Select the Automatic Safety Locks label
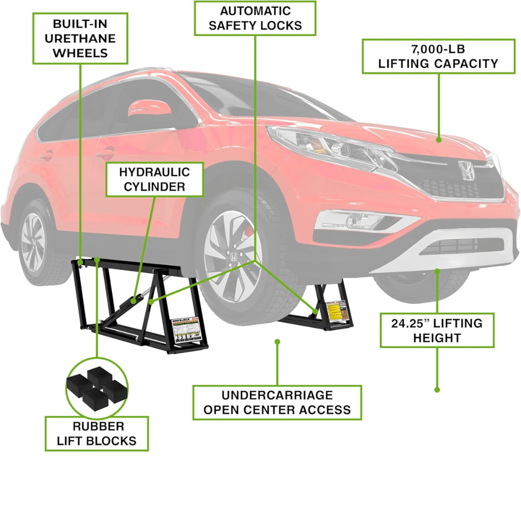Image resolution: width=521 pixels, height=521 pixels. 255,18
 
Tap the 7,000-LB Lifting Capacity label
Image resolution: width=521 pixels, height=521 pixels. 438,56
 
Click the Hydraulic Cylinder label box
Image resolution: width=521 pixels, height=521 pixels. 155,179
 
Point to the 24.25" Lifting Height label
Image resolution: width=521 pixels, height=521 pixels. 437,330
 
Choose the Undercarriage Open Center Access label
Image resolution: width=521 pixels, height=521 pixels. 277,402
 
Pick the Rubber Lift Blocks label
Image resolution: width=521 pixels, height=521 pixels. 97,433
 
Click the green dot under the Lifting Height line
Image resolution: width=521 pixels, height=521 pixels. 437,389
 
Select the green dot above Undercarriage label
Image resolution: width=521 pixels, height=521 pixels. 277,342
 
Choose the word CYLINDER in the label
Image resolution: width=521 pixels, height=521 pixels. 155,187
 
